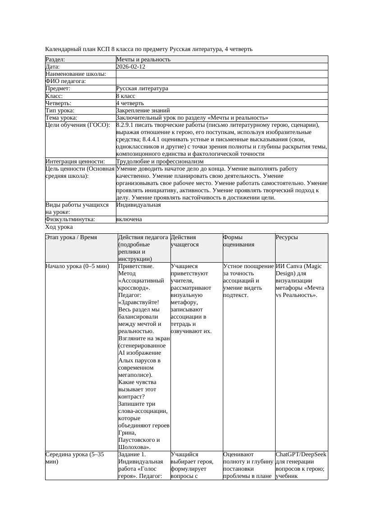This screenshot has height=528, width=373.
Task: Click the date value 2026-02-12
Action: (131, 66)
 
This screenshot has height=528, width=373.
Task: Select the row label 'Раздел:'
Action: (55, 59)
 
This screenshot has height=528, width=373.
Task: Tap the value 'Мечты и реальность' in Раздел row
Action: (143, 59)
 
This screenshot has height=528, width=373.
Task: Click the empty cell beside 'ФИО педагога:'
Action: (221, 81)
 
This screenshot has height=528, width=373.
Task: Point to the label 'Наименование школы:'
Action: (76, 74)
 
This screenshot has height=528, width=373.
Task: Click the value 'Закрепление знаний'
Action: (143, 110)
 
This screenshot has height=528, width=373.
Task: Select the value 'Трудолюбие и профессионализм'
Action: (160, 161)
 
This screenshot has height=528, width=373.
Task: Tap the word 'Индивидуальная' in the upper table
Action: (138, 205)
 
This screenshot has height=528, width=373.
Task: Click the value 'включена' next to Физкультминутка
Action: (129, 219)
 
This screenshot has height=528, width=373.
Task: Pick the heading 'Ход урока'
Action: (59, 227)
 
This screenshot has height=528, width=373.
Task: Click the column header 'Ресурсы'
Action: (287, 237)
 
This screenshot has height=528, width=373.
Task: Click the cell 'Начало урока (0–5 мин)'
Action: (78, 266)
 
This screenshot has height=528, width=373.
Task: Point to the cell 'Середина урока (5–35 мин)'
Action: (75, 458)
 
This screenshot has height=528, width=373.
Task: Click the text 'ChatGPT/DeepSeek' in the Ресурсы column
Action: (301, 454)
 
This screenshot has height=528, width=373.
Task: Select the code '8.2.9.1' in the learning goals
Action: (126, 125)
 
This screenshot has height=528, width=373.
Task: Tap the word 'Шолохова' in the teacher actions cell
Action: (134, 447)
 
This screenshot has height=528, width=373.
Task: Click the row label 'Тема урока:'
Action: (61, 117)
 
